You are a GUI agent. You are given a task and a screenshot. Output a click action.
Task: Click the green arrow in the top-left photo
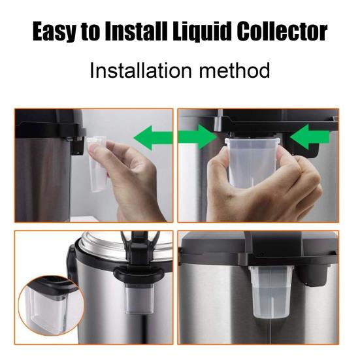click(154, 138)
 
